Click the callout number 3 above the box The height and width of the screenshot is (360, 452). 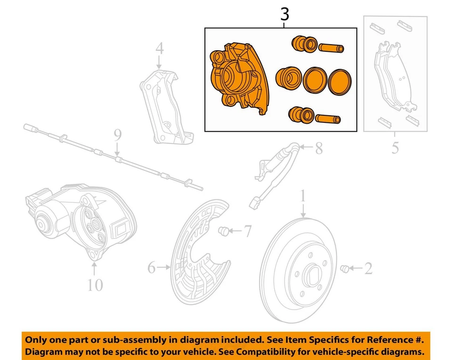point(284,15)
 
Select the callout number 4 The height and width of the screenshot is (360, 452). point(160,48)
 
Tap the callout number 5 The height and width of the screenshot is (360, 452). point(395,147)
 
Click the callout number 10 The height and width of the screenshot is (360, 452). point(95,285)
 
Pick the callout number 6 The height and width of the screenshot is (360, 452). point(151,268)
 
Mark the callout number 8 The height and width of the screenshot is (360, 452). point(319,149)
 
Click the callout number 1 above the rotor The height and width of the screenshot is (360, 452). point(303,195)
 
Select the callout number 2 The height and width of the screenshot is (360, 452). point(368,268)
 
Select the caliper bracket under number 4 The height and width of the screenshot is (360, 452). point(165,106)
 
